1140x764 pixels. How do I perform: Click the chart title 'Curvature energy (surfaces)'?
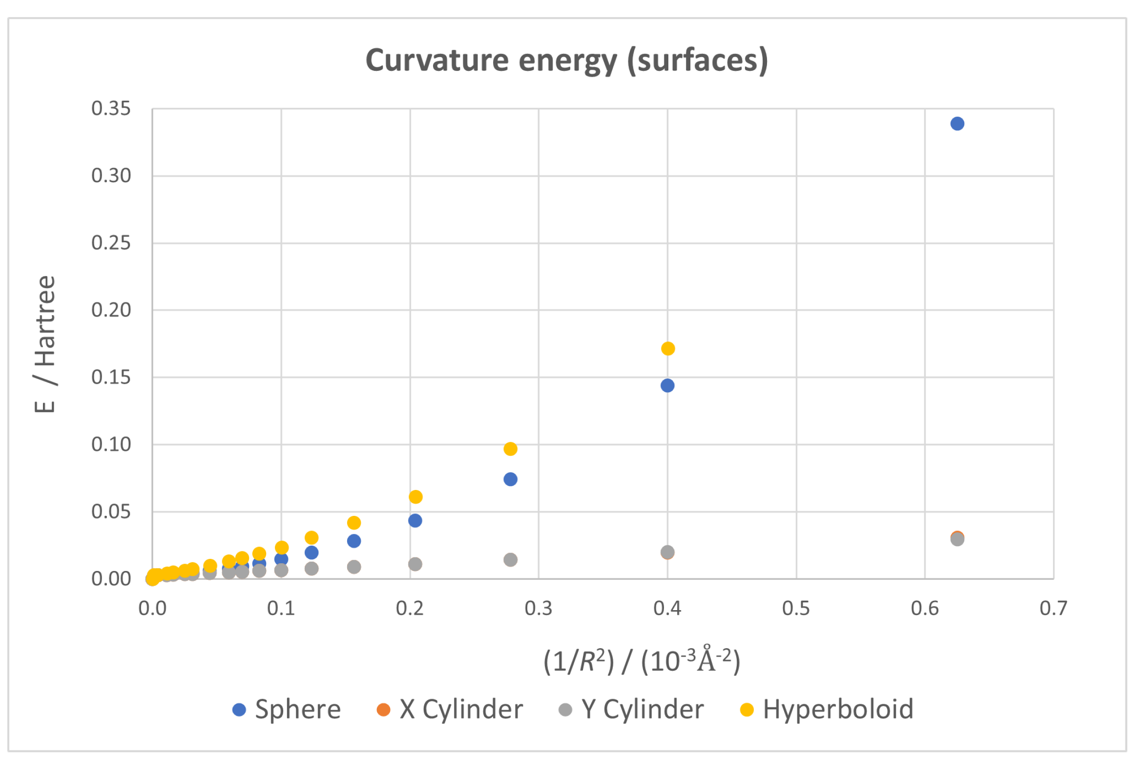click(566, 61)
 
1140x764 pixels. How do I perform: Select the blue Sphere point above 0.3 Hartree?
click(957, 124)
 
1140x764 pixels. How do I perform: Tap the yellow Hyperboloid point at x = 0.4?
click(667, 348)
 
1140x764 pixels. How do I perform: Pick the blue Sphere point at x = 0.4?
click(667, 385)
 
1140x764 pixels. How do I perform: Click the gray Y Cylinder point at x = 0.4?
click(667, 552)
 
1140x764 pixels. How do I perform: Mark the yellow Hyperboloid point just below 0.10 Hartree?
click(510, 448)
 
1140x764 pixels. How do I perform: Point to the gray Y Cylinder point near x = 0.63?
click(957, 539)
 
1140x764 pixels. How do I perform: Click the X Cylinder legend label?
click(461, 709)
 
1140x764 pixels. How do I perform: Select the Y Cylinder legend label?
click(642, 709)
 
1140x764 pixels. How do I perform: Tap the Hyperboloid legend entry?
click(837, 709)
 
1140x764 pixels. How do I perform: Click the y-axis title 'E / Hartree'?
click(45, 344)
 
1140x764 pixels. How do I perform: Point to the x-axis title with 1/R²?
click(642, 660)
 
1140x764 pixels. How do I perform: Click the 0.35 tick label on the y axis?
click(111, 108)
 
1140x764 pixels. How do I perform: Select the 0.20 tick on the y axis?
click(111, 310)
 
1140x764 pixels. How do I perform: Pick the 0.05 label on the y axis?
click(111, 511)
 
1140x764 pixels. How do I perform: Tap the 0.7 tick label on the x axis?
click(1053, 608)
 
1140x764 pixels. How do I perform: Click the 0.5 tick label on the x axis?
click(796, 608)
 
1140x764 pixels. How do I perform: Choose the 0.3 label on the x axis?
click(538, 608)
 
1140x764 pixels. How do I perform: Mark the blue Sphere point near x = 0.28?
click(510, 479)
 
